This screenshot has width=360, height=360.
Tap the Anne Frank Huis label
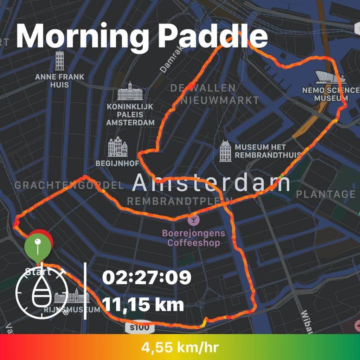[x=60, y=81]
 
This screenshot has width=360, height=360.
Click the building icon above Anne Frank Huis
[x=60, y=60]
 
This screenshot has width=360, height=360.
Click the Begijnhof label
[x=117, y=163]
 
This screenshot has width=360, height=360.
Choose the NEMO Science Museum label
[x=330, y=94]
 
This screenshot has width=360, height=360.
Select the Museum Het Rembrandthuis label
[x=267, y=151]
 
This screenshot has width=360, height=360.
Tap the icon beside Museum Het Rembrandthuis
[x=225, y=151]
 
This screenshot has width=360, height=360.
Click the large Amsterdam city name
[x=211, y=184]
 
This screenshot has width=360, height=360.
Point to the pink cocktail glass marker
[x=193, y=220]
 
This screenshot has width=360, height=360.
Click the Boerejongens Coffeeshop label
[x=193, y=238]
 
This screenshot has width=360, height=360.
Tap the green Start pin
[x=37, y=245]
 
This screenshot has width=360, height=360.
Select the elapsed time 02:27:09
[x=147, y=278]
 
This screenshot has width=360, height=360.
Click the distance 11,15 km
[x=143, y=305]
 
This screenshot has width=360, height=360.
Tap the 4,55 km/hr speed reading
[x=180, y=348]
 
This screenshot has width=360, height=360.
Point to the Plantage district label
[x=326, y=194]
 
